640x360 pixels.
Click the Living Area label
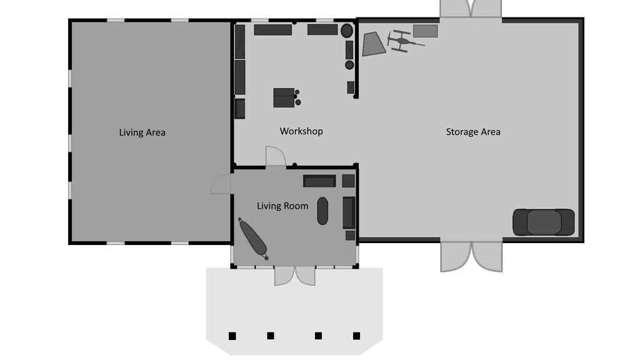pos(142,132)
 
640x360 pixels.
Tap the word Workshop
pos(301,131)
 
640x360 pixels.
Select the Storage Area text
pos(473,132)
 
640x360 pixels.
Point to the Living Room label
pos(282,206)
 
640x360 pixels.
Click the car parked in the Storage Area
pos(543,222)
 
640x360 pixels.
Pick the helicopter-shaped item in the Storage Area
pos(405,41)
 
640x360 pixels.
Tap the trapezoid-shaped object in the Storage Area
pos(374,44)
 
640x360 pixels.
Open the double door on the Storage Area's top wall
pos(471,9)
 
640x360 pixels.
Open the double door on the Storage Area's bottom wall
pos(471,257)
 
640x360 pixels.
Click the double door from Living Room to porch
pos(295,276)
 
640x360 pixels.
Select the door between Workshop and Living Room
pos(276,156)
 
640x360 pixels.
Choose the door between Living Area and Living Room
pos(221,184)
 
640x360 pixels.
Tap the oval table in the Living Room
pos(322,211)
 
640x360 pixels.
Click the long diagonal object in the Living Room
pos(254,239)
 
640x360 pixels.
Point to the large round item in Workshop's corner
pos(347,31)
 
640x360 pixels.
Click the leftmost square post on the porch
pos(232,336)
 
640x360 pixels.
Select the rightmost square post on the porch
pos(356,336)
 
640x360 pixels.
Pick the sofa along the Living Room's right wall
pos(349,212)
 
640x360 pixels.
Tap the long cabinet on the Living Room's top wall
pos(319,181)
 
